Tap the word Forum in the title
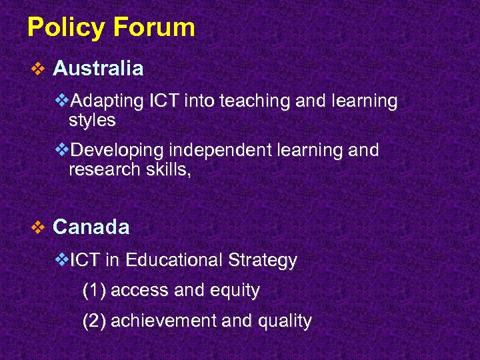click(154, 27)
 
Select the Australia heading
click(98, 68)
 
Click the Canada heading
click(91, 227)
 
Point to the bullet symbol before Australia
click(38, 69)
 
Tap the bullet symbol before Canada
click(38, 228)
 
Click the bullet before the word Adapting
click(62, 102)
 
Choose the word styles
click(92, 121)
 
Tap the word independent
click(215, 150)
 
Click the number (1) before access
click(94, 291)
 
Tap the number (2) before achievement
click(94, 321)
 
